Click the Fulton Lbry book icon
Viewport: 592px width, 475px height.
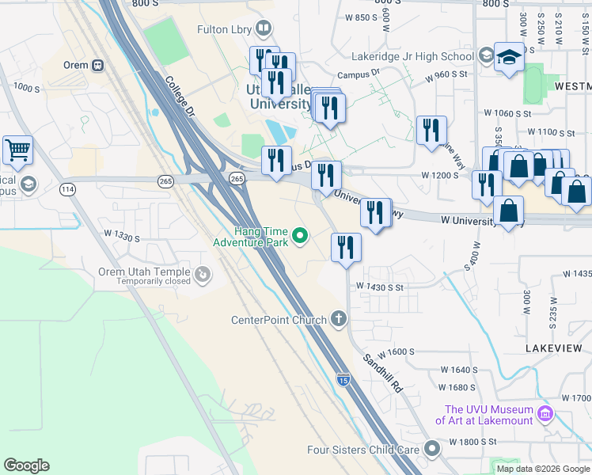pyautogui.click(x=264, y=29)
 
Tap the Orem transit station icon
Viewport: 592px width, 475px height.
pyautogui.click(x=98, y=66)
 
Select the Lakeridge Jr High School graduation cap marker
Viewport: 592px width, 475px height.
pyautogui.click(x=509, y=57)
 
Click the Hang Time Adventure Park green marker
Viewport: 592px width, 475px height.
pyautogui.click(x=300, y=235)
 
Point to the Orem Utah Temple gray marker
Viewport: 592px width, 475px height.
pyautogui.click(x=203, y=275)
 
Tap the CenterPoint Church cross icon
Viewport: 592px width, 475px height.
pyautogui.click(x=339, y=320)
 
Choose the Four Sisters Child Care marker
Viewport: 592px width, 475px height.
pyautogui.click(x=431, y=449)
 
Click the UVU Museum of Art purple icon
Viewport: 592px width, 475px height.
pyautogui.click(x=544, y=414)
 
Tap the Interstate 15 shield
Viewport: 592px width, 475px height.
pyautogui.click(x=343, y=380)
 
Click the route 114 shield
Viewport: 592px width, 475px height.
pyautogui.click(x=66, y=189)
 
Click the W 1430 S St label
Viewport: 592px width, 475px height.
pyautogui.click(x=380, y=287)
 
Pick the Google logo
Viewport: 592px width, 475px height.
pyautogui.click(x=26, y=465)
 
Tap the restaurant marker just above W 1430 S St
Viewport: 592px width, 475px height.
pyautogui.click(x=346, y=247)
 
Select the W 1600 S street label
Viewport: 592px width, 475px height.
pyautogui.click(x=396, y=351)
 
